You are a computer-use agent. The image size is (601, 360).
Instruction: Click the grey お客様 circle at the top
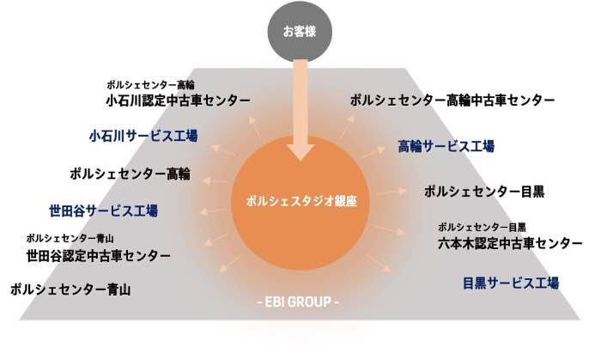(300, 32)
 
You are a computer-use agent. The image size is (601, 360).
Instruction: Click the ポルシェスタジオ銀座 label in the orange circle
(301, 201)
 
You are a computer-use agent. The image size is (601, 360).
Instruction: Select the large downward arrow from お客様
(300, 110)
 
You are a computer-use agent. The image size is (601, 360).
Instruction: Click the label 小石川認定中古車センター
(178, 101)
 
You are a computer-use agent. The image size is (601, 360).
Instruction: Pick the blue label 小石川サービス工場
(143, 136)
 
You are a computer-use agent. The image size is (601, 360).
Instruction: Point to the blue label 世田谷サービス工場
(104, 211)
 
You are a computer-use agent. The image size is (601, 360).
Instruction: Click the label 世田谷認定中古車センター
(98, 256)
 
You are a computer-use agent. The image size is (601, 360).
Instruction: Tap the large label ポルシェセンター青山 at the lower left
(70, 290)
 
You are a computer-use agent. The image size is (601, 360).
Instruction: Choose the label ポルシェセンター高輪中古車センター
(452, 101)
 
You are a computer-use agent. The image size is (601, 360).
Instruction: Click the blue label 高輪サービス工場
(446, 146)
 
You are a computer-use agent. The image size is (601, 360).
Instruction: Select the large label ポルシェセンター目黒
(484, 192)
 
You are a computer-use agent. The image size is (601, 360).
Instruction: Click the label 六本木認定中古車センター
(510, 243)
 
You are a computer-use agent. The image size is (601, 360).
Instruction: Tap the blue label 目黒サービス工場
(511, 284)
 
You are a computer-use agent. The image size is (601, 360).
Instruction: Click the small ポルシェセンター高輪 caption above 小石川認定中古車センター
(150, 85)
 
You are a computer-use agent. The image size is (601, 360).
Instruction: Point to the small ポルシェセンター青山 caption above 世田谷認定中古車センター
(70, 239)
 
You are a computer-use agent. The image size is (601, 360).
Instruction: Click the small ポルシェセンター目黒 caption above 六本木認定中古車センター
(482, 228)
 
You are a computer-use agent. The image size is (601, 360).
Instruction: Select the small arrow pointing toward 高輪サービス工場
(372, 153)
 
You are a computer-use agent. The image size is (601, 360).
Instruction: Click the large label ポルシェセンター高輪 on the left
(130, 174)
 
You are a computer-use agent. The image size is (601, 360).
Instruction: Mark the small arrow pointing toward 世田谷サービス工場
(213, 211)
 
